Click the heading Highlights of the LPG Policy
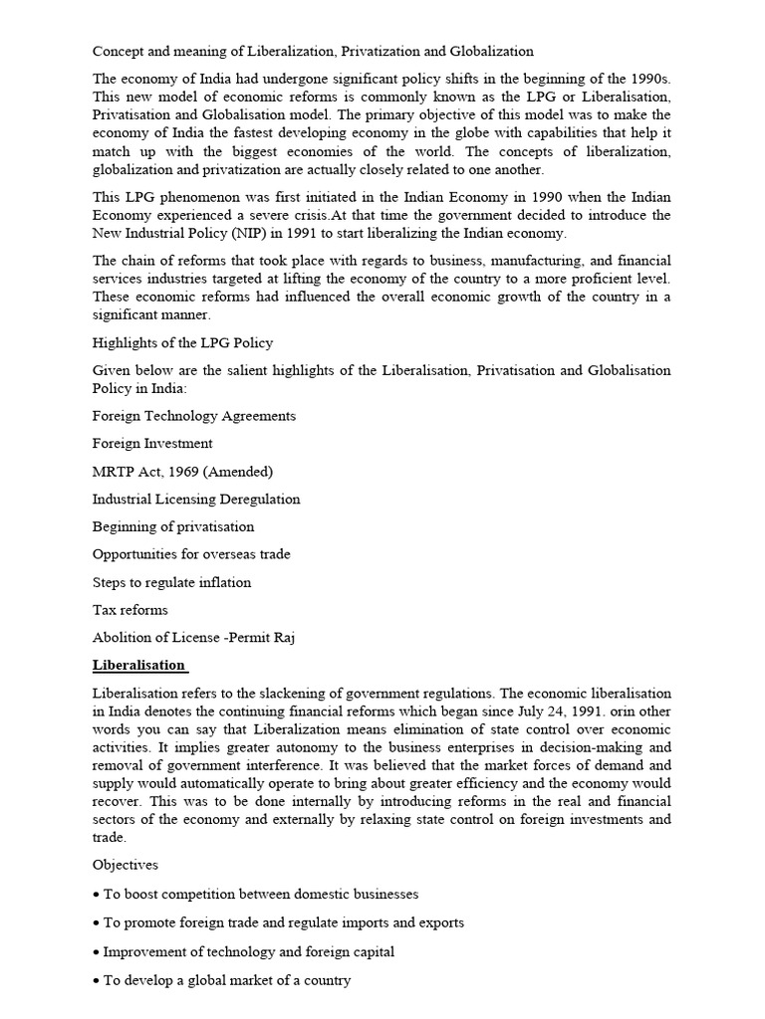182,343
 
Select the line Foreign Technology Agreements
194,416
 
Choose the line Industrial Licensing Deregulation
196,500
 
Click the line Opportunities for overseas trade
191,554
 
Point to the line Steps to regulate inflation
171,582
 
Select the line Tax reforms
130,610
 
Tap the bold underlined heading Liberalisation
138,665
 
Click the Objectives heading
126,866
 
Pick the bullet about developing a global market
221,981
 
